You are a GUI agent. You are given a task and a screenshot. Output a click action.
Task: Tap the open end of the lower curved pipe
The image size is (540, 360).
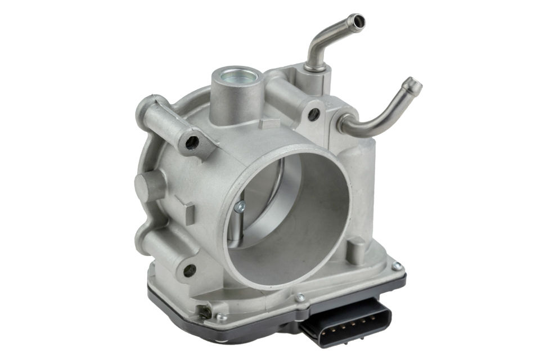(x=415, y=85)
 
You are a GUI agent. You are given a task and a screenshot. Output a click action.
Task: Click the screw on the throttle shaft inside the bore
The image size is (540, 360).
(x=240, y=208)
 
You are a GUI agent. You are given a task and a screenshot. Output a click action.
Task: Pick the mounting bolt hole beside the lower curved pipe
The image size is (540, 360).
(x=314, y=115)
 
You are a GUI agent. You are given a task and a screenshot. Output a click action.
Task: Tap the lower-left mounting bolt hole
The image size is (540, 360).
(x=189, y=269)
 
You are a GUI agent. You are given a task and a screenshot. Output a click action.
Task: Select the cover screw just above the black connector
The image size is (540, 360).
(x=300, y=297)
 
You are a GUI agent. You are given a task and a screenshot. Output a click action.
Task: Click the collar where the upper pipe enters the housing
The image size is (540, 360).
(x=316, y=68)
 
